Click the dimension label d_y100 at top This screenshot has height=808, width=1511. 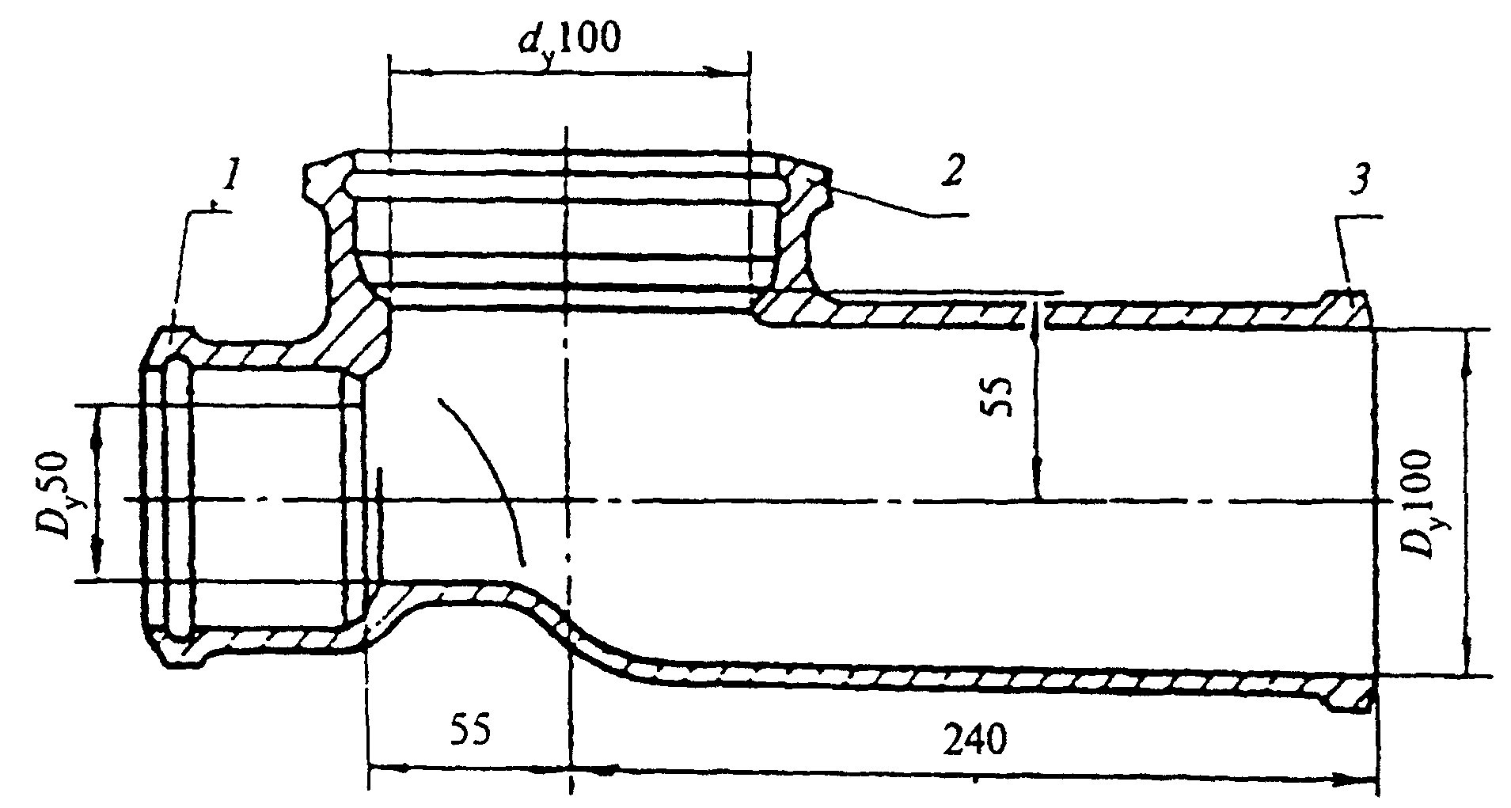(570, 41)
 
